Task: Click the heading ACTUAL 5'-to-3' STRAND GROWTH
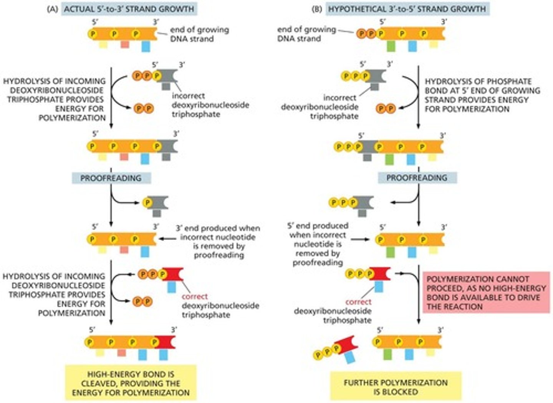point(129,9)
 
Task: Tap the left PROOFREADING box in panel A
point(111,178)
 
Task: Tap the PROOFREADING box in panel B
point(417,178)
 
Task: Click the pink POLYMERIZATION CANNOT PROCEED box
point(486,293)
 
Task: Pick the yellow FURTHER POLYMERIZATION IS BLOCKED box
point(396,387)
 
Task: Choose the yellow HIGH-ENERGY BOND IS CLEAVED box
point(131,383)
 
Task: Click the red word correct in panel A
point(194,296)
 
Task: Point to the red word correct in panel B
point(358,302)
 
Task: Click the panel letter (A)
point(52,9)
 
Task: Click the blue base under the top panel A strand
point(146,46)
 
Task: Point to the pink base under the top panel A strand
point(125,44)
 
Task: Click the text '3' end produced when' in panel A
point(218,228)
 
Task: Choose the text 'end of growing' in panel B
point(306,30)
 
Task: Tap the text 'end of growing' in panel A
point(199,30)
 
